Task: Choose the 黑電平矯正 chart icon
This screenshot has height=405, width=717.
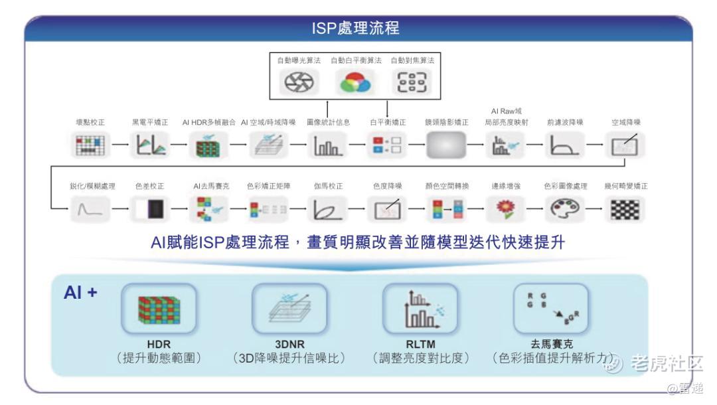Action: pos(150,144)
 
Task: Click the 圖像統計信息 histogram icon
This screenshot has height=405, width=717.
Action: pos(327,144)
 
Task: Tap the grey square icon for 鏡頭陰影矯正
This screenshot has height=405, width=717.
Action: pos(444,144)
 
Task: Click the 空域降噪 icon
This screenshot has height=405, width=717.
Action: pos(625,144)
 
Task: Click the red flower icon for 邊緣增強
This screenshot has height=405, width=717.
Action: pos(504,210)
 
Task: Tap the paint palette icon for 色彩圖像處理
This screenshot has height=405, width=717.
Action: pos(564,210)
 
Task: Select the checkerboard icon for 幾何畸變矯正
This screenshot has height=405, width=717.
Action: pos(625,210)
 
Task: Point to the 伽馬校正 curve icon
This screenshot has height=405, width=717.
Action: pos(327,210)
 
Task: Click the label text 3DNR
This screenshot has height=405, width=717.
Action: pos(289,344)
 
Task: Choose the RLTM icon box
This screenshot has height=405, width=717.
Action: pos(420,309)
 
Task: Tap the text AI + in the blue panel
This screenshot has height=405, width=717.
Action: pos(80,291)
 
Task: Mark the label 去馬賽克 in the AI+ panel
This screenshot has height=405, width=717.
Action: pos(550,344)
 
